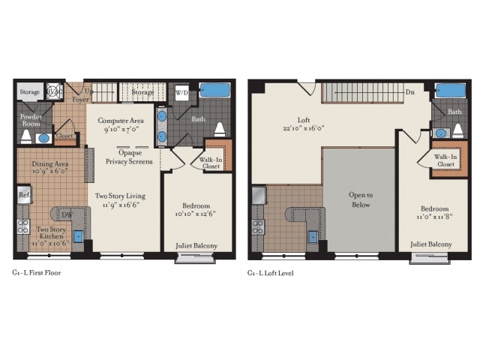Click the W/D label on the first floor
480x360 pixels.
(x=181, y=92)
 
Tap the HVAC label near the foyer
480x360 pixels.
(x=53, y=91)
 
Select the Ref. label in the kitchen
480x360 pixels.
(x=22, y=194)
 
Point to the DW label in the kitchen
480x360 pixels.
(x=67, y=215)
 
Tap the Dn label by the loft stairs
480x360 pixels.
(x=410, y=93)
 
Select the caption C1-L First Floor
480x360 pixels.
(x=36, y=273)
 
